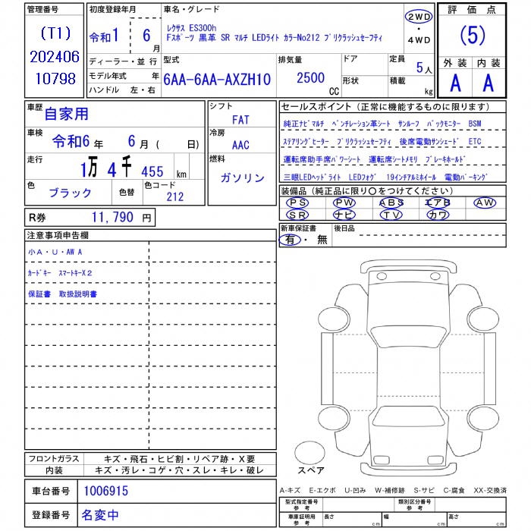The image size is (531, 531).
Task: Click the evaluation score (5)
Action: pos(473,36)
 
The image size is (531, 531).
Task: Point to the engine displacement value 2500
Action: pos(310,77)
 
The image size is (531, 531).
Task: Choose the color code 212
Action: pos(174,196)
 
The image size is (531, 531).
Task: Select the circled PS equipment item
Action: pos(298,203)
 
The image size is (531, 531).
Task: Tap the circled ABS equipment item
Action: pos(391,203)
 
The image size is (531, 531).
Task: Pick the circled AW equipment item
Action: pos(484,203)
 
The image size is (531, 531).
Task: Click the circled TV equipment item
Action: pos(391,215)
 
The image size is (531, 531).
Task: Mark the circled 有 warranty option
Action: pos(291,240)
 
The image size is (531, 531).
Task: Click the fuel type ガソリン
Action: pos(242,178)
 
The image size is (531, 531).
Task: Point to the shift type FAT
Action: pos(240,120)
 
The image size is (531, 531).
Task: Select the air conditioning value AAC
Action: pos(240,144)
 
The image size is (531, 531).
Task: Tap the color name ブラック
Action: pos(70,193)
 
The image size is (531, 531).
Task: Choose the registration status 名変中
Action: pos(100,515)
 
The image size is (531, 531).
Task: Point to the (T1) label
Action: pos(55,34)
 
